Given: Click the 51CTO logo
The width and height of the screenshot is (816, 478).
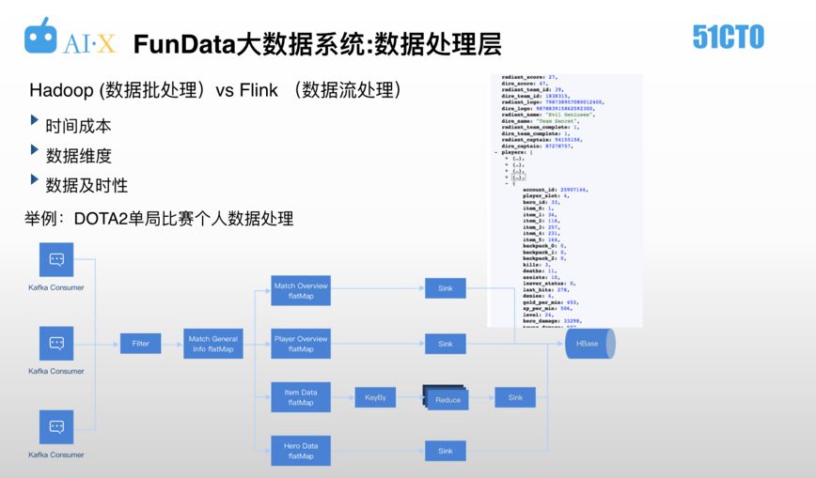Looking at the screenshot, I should tap(728, 38).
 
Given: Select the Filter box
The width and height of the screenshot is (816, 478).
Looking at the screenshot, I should tap(140, 344).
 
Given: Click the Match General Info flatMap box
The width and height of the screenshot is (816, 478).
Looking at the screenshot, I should tap(213, 344).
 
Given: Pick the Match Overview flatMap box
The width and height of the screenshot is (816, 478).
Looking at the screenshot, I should tap(300, 290).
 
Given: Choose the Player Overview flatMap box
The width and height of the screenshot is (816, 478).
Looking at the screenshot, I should tap(300, 344).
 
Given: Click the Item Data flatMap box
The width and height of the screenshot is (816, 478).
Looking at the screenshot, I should tap(300, 397).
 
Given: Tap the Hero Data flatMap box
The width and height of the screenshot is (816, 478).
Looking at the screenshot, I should tap(300, 451).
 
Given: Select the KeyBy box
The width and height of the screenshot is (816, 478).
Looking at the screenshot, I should tap(375, 398).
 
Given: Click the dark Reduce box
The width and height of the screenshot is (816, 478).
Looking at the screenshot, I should tap(447, 399).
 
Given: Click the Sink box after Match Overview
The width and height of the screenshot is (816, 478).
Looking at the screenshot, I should tap(445, 289).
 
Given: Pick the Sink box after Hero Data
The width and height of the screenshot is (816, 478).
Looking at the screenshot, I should tap(445, 451).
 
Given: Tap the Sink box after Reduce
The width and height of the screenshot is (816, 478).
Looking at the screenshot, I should tap(514, 398).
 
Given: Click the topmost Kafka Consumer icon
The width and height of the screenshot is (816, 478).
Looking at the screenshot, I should tap(56, 260).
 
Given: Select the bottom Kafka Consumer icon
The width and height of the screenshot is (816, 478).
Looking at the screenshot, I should tap(56, 427).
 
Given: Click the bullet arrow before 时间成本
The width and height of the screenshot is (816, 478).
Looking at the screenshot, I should tap(35, 121).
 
